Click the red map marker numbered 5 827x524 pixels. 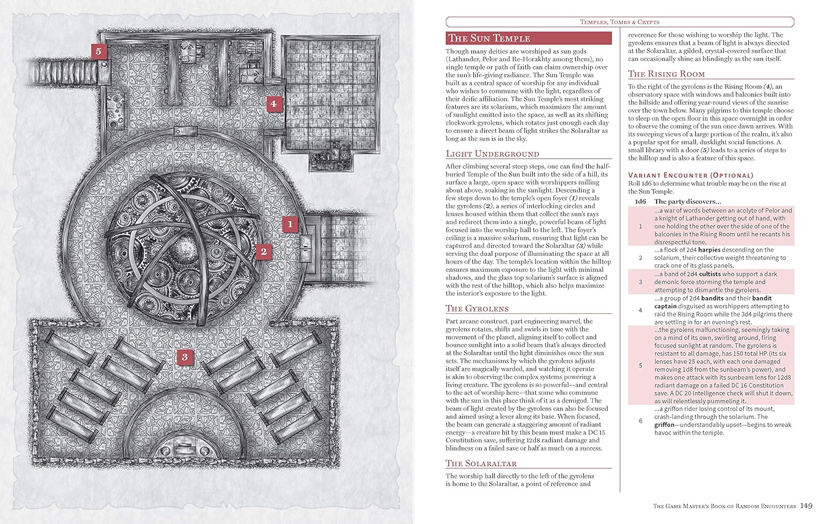[98, 51]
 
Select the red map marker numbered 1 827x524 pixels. [289, 224]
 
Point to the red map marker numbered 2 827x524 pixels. [263, 252]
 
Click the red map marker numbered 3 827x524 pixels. [184, 357]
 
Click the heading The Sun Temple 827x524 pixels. [489, 38]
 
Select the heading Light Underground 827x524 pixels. [492, 154]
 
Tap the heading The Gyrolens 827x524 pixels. [477, 309]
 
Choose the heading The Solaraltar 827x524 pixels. [481, 463]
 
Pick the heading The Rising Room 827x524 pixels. [666, 74]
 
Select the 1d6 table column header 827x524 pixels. [640, 202]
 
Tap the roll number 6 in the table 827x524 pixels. [640, 421]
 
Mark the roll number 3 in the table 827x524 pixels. [640, 282]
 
